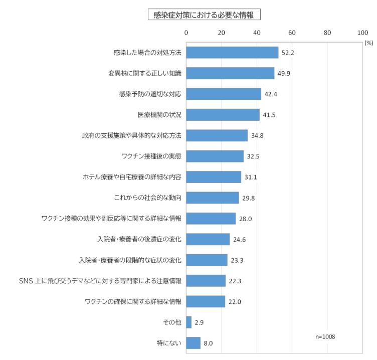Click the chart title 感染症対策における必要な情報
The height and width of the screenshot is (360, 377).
coord(204,15)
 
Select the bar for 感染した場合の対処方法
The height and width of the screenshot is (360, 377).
coord(232,53)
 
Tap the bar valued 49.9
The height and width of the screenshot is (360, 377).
coord(230,73)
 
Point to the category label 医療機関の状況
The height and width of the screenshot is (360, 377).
coord(159,115)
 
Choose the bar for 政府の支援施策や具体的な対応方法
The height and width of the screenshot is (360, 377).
coord(217,135)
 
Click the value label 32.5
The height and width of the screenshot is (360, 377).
coord(252,156)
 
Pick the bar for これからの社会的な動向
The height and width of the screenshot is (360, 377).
coord(212,198)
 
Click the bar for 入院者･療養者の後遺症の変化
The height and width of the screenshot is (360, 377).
coord(208,239)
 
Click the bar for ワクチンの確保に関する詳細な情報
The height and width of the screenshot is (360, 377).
coord(206,301)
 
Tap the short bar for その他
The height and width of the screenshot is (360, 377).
coord(188,322)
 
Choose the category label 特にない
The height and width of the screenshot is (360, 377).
coord(169,343)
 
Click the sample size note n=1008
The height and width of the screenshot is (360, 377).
coord(325,336)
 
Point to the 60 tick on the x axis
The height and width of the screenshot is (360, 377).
coord(292,33)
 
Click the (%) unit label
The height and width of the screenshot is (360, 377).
coord(369,43)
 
